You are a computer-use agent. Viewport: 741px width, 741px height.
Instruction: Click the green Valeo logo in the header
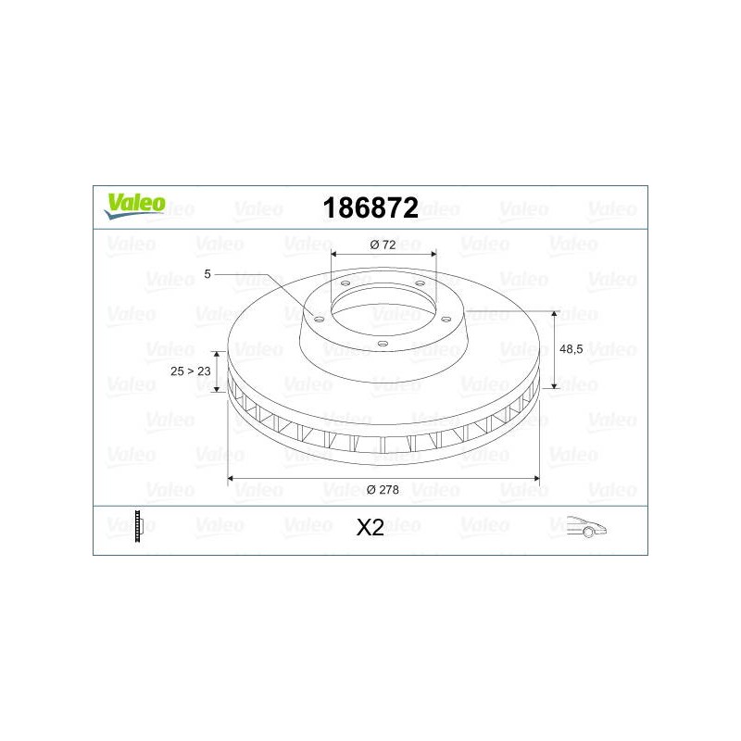[135, 206]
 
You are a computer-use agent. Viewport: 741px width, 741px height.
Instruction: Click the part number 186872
[370, 207]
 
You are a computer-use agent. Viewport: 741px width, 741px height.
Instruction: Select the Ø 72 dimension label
[383, 245]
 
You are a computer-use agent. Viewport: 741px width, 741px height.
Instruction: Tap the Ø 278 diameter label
[383, 490]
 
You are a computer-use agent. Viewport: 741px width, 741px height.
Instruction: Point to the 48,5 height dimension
[571, 349]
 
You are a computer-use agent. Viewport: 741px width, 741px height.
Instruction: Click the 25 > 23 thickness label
[191, 371]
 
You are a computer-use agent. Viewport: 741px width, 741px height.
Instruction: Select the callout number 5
[207, 274]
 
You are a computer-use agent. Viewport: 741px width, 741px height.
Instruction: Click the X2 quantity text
[370, 527]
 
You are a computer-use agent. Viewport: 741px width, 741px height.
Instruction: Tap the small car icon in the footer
[586, 527]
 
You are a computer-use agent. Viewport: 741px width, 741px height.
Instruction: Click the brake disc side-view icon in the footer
[138, 526]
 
